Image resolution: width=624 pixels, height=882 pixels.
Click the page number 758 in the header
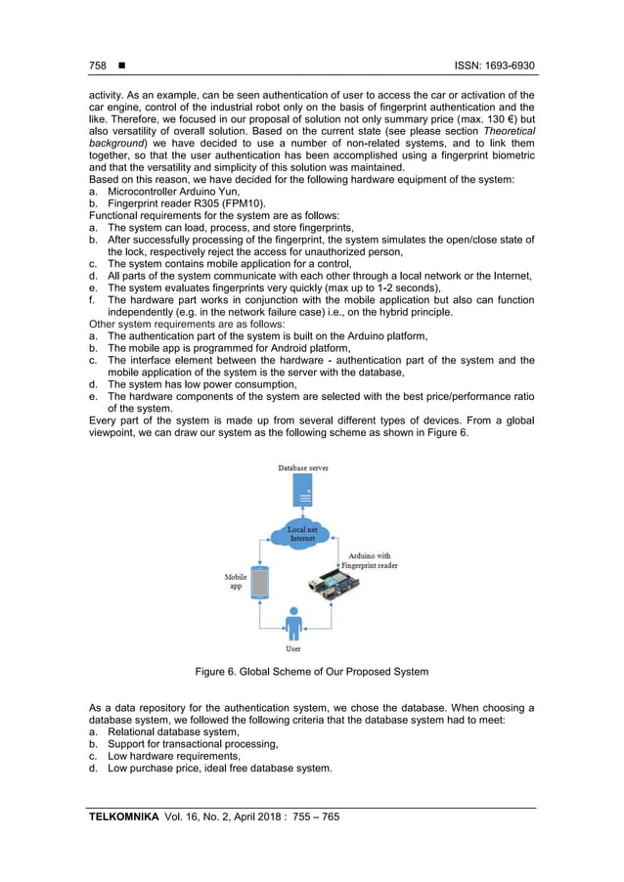pyautogui.click(x=97, y=66)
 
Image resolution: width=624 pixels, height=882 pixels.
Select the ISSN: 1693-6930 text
pyautogui.click(x=494, y=66)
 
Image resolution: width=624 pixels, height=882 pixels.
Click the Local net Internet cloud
pyautogui.click(x=303, y=534)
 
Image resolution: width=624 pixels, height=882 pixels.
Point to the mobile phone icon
pyautogui.click(x=259, y=584)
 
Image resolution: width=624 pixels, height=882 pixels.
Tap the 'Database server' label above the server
pyautogui.click(x=303, y=468)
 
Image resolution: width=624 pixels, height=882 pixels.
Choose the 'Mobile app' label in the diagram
pyautogui.click(x=236, y=581)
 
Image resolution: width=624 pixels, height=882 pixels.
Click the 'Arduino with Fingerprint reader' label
pyautogui.click(x=369, y=560)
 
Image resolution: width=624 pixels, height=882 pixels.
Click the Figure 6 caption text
pyautogui.click(x=311, y=672)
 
